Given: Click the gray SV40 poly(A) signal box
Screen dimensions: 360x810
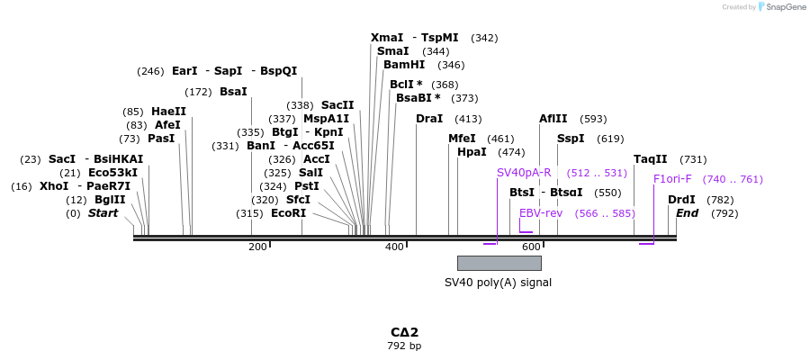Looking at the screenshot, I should coord(499,263).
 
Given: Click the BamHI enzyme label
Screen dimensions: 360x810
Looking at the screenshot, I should coord(404,65).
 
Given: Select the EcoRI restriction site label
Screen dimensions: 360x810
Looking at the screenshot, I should coord(288,213).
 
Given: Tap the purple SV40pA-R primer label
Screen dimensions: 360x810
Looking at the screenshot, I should coord(524,173).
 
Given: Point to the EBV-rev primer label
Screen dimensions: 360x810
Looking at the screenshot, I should coord(541,213).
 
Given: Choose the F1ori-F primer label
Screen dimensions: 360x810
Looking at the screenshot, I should coord(672,179).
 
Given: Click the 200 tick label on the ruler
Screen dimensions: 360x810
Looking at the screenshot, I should coord(257,247).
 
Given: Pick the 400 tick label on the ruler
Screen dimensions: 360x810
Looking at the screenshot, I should coord(394,247).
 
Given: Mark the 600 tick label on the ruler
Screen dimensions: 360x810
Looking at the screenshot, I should coord(530,247).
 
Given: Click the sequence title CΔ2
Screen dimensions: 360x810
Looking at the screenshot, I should coord(404,332).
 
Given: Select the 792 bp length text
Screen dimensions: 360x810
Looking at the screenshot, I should coord(404,346).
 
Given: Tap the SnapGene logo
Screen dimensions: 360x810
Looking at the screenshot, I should coord(782,7).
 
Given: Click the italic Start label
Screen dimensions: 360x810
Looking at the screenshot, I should coord(103,213).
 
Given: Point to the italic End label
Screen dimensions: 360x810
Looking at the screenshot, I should coord(687,213).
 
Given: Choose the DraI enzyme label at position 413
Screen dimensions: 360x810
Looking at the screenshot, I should coord(429,119).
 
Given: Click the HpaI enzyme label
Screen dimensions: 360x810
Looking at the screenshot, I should coord(472,152).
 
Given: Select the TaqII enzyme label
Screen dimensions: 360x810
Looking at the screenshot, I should coord(651,159).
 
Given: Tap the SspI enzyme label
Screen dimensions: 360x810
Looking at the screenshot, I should coord(571,139).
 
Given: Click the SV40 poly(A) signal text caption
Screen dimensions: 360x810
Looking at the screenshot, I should coord(498,283).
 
